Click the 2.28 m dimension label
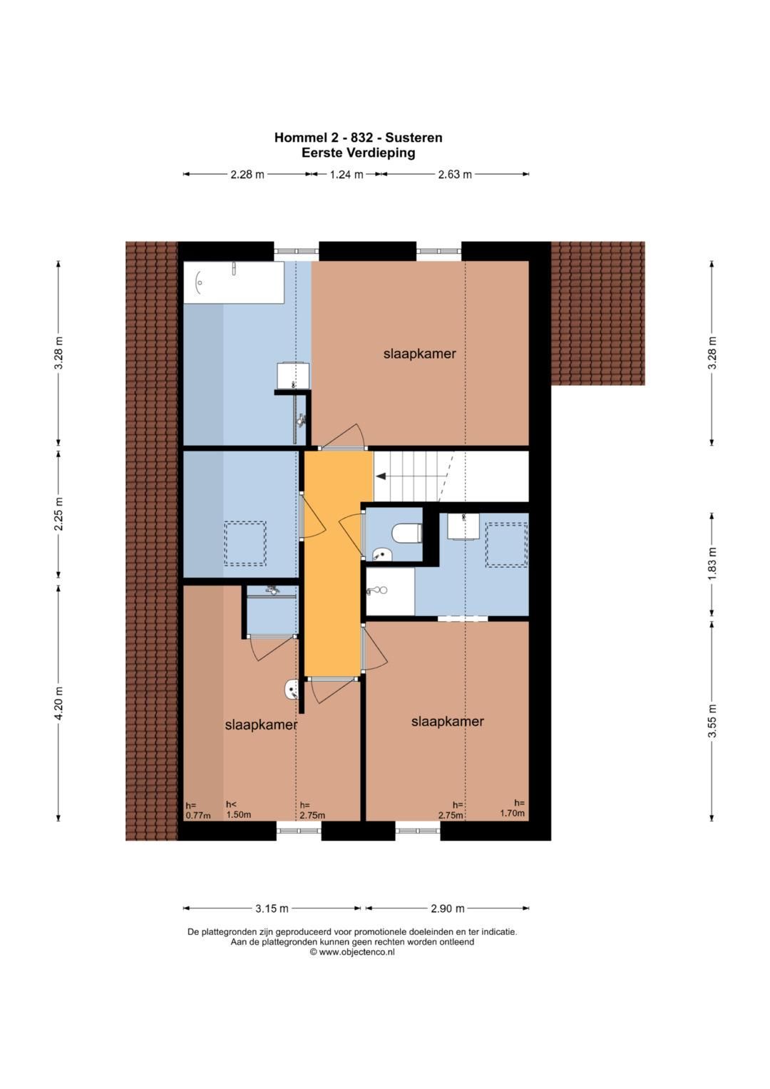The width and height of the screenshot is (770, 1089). [x=247, y=174]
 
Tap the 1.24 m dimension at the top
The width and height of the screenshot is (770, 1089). [x=346, y=174]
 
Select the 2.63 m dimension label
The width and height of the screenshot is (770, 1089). [x=455, y=174]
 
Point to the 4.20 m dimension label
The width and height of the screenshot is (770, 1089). [x=58, y=703]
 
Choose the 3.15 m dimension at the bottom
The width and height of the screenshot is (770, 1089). [x=272, y=908]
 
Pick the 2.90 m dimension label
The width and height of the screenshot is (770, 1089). [x=448, y=908]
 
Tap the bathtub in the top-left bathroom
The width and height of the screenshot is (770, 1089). [x=233, y=282]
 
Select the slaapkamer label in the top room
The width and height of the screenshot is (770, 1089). [x=419, y=354]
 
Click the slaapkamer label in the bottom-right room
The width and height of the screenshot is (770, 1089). [x=448, y=721]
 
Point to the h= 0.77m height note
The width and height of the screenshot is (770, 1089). [x=198, y=810]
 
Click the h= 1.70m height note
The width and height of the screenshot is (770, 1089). [x=513, y=808]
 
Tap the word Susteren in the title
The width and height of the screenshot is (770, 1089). [x=414, y=138]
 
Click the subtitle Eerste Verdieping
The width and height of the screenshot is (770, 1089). [x=358, y=153]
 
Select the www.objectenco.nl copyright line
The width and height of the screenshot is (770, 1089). [x=352, y=952]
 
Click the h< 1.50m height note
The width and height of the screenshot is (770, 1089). [x=238, y=809]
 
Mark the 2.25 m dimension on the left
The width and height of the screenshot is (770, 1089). [x=58, y=514]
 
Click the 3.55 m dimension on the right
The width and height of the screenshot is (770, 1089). [x=712, y=720]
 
